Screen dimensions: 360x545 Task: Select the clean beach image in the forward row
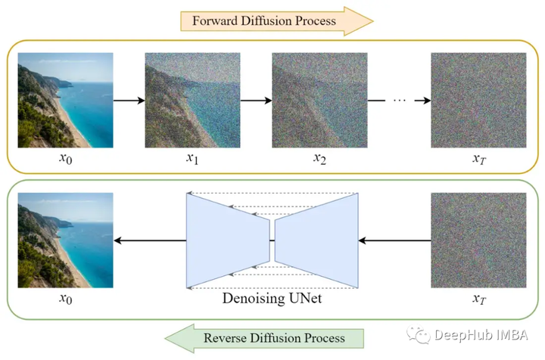65,100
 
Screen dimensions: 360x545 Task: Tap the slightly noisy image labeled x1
192,100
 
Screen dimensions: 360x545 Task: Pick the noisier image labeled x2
318,100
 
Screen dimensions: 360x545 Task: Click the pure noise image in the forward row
478,100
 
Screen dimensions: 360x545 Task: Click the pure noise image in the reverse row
478,241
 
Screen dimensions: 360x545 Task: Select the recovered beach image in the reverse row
65,241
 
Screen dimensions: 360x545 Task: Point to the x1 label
193,160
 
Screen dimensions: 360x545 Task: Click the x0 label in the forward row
65,160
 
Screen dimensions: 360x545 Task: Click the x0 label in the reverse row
65,299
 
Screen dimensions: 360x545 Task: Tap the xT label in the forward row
478,160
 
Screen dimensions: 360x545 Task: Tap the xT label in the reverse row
478,299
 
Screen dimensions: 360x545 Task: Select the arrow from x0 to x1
129,100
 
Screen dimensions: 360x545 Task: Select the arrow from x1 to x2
255,100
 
